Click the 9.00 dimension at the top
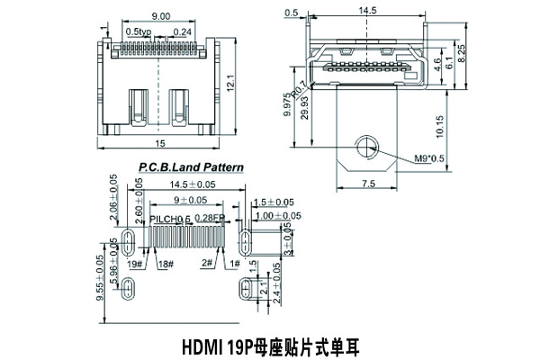click(x=162, y=17)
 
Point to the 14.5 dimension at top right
click(x=366, y=12)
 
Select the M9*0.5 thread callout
click(x=430, y=158)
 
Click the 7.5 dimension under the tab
click(x=368, y=184)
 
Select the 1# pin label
click(x=235, y=264)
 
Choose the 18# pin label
click(x=164, y=264)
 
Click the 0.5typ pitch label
click(x=139, y=31)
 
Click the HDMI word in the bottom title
click(x=203, y=346)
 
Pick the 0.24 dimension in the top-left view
click(x=183, y=31)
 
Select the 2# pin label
click(x=206, y=264)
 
